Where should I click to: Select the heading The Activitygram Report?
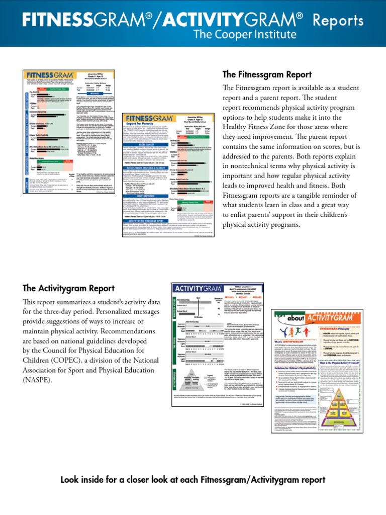pos(68,288)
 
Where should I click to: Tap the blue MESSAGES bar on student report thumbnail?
pos(95,93)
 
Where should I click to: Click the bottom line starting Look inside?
pos(193,480)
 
